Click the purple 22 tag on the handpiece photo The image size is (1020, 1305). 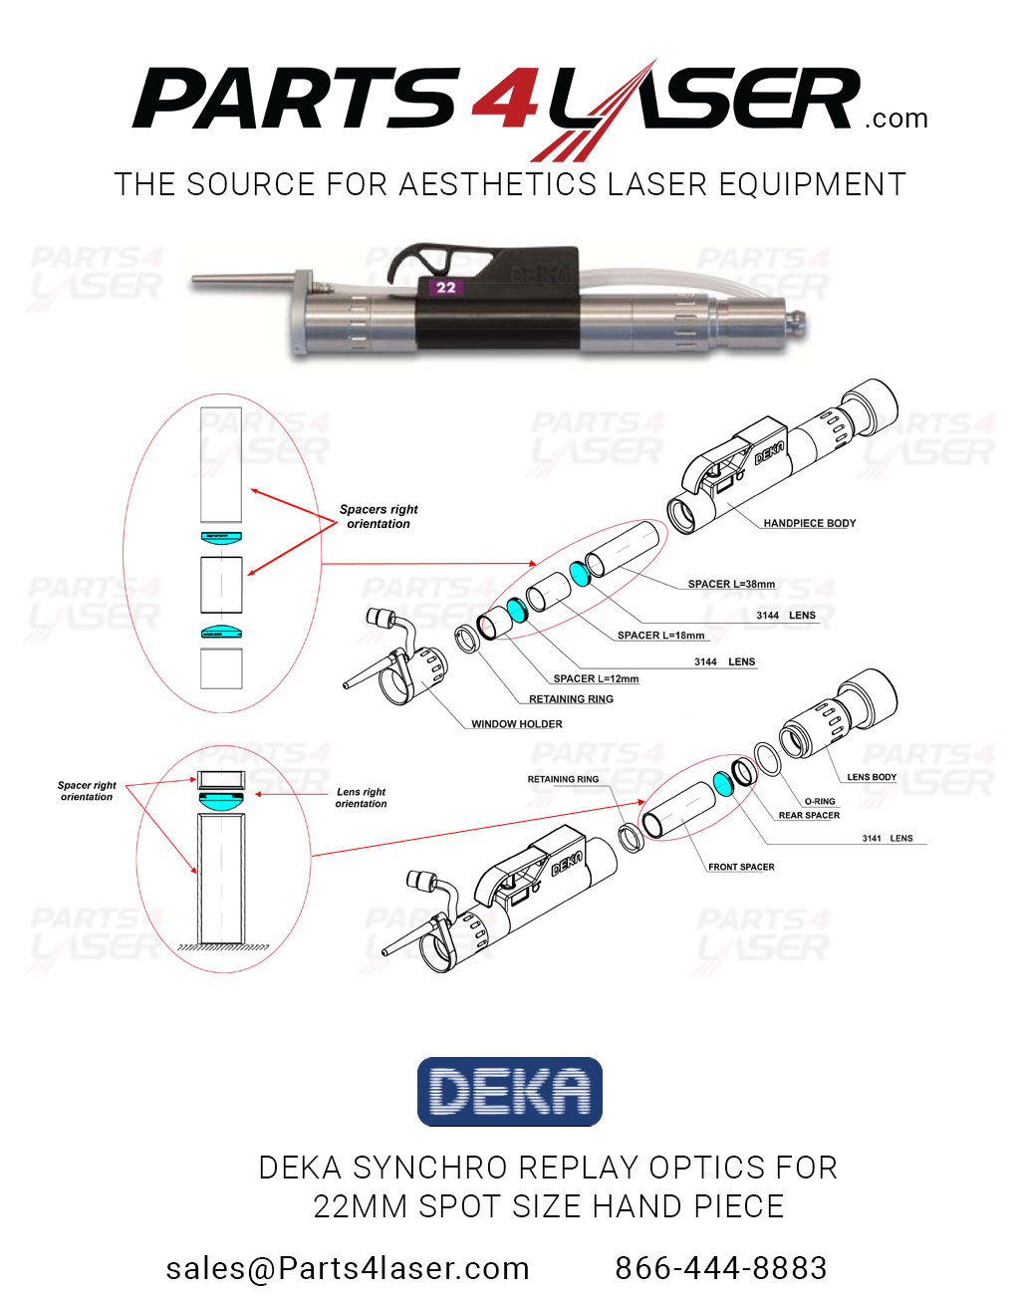point(445,287)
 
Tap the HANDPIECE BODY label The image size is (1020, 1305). point(809,523)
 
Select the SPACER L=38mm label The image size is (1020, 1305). point(731,584)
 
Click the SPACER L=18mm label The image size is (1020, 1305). point(660,635)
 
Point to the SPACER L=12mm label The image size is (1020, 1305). point(596,678)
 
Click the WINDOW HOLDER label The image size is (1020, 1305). point(516,724)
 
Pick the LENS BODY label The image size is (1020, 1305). point(872,777)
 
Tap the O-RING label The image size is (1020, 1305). point(820,801)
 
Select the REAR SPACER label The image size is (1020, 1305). point(809,815)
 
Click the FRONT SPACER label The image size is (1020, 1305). point(741,867)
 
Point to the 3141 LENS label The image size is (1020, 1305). point(887,838)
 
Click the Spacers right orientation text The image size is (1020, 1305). point(379,516)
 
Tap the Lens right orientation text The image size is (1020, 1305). point(361,798)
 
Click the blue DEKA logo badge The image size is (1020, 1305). point(510,1092)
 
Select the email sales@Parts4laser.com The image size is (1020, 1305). point(348,1268)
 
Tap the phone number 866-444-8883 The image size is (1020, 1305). point(720,1268)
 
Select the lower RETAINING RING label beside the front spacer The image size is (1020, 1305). point(563,779)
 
